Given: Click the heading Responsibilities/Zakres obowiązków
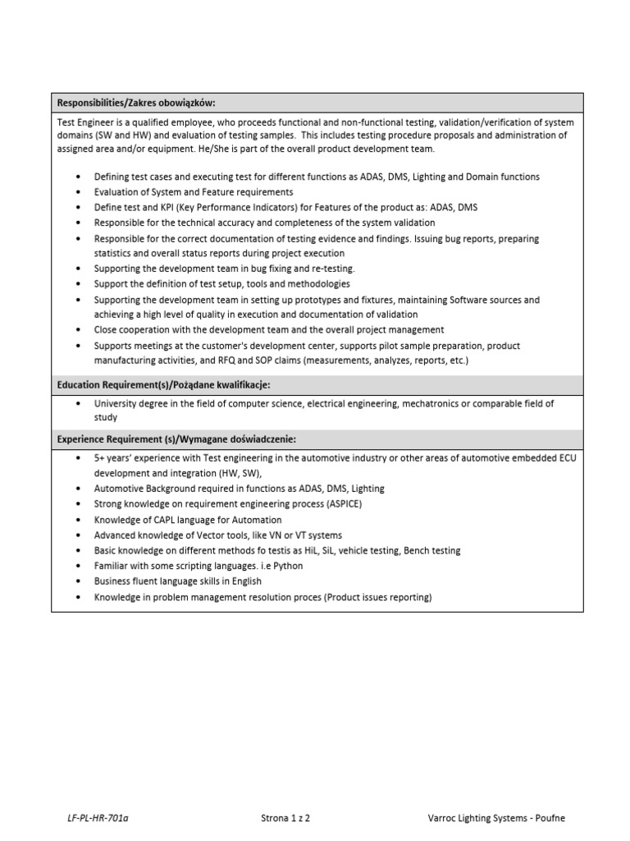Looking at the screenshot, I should point(135,103).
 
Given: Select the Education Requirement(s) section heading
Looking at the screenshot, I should point(163,385).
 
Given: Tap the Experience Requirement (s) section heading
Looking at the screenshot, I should point(176,439).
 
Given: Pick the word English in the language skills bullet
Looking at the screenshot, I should point(248,581).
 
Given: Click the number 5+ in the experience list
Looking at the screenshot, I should point(99,457).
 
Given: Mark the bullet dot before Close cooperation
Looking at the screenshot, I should point(77,330).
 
